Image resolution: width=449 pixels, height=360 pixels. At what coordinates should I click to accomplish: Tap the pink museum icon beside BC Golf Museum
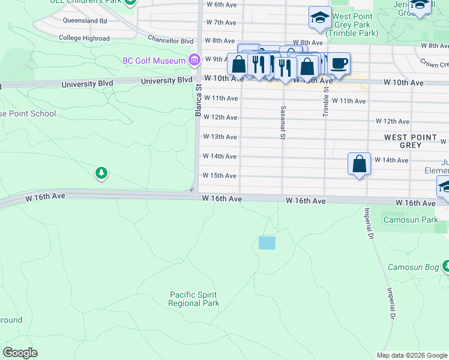point(193,60)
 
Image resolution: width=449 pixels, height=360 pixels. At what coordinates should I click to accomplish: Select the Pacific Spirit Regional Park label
point(193,299)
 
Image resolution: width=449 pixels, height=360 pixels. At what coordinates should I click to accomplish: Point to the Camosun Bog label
point(414,267)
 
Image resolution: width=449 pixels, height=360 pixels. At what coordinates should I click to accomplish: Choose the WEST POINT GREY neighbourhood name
point(411,141)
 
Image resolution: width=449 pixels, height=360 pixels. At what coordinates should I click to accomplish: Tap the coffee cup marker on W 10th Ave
point(339,64)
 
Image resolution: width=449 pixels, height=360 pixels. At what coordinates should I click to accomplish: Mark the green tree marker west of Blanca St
point(101,173)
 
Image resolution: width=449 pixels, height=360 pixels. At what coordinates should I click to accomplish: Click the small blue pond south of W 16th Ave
point(267,243)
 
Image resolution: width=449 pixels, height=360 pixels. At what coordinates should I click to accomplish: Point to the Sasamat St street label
point(282,122)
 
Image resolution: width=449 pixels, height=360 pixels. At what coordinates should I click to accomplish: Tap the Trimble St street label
point(326,100)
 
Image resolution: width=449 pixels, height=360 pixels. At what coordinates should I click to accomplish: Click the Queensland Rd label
point(85,20)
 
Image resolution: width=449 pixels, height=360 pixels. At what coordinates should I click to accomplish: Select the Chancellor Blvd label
point(172,41)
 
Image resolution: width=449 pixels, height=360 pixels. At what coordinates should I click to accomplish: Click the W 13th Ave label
point(220,137)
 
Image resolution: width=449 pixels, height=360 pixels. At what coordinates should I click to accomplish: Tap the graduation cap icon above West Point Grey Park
point(320,17)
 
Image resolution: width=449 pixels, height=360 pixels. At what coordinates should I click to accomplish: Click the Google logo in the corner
point(20,353)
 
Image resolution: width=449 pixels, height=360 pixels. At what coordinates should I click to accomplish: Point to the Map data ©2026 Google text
point(411,355)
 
